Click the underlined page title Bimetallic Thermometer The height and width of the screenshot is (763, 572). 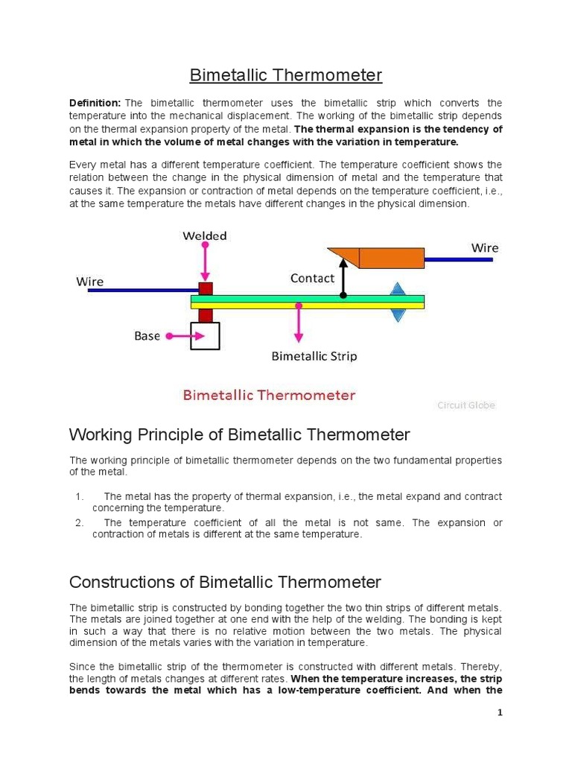[285, 75]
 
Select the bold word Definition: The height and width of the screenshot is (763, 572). [95, 103]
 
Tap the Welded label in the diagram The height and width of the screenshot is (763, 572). [205, 236]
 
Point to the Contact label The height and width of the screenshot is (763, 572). [312, 278]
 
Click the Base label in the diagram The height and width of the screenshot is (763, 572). [147, 336]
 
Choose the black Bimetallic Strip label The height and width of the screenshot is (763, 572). [314, 356]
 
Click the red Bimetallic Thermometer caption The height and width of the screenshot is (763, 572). [269, 396]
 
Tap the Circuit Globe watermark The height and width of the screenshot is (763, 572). [465, 405]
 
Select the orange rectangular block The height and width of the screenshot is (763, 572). [392, 258]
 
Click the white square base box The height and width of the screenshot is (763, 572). [206, 336]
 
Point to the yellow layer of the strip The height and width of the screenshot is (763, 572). [307, 305]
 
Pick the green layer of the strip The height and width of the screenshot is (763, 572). [307, 298]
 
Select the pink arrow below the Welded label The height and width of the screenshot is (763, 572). [206, 263]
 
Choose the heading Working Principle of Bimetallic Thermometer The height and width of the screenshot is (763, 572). [239, 434]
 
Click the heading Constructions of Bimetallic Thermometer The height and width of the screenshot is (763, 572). [225, 582]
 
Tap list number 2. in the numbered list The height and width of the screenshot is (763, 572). [80, 523]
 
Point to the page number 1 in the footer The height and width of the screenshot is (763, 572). [500, 713]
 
